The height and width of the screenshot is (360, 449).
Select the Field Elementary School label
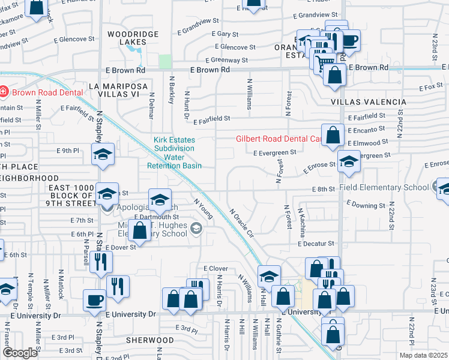point(384,187)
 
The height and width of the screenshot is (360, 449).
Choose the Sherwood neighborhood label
point(150,340)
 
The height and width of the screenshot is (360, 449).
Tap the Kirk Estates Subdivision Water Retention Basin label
point(175,152)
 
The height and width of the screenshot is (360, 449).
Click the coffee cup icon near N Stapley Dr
point(95,300)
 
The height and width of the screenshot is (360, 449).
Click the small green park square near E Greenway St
point(165,61)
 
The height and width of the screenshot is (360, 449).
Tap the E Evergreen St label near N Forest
point(274,153)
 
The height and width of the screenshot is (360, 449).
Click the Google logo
point(20,353)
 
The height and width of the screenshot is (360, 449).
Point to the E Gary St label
point(225,34)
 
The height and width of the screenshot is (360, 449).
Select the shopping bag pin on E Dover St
point(140,230)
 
